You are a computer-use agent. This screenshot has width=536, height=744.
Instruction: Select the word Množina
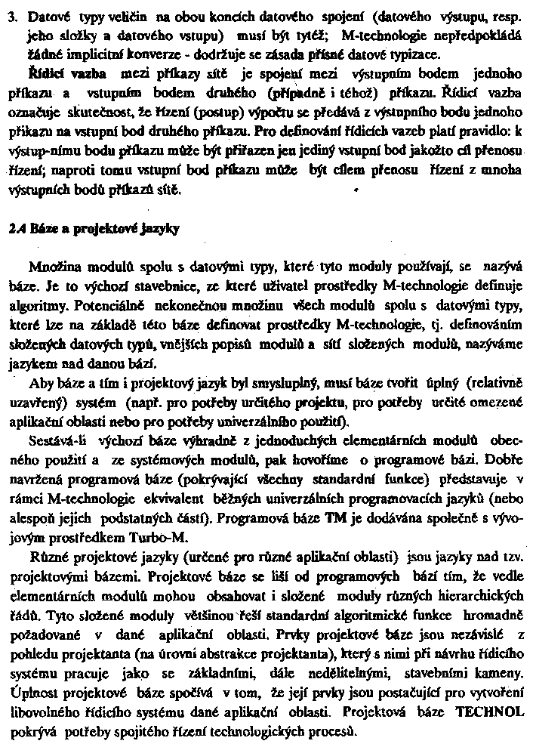coord(54,268)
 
